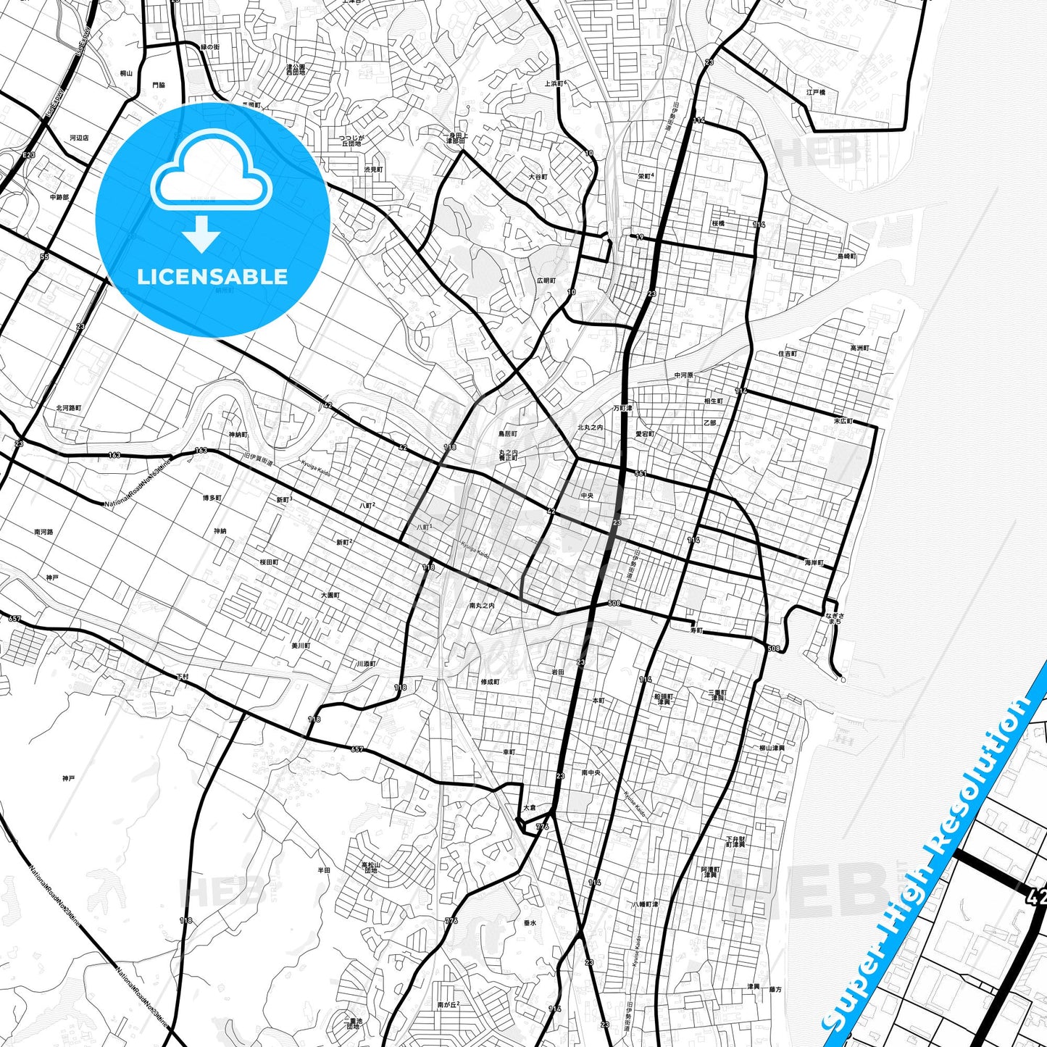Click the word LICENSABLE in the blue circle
tap(212, 277)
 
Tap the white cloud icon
tap(211, 172)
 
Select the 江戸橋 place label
tap(816, 93)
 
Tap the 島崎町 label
tap(846, 256)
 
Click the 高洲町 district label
tap(859, 349)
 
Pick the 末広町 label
tap(843, 421)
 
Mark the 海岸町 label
tap(814, 563)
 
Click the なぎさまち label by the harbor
tap(834, 619)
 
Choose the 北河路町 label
tap(69, 408)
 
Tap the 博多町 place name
tap(212, 499)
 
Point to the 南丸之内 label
tap(482, 606)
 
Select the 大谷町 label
tap(538, 177)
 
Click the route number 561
tap(640, 473)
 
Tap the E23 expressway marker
tap(28, 156)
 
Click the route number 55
tap(44, 256)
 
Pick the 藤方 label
tap(775, 989)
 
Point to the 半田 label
tap(324, 870)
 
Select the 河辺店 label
tap(79, 138)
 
